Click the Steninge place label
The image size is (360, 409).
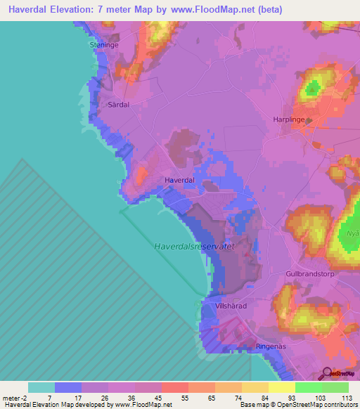(x=105, y=44)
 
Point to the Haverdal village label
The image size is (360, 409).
(x=179, y=181)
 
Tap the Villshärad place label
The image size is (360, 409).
(x=231, y=307)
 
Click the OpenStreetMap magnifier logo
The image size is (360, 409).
(x=328, y=375)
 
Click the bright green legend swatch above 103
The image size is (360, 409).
(x=309, y=387)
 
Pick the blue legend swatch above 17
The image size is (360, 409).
(x=68, y=387)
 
